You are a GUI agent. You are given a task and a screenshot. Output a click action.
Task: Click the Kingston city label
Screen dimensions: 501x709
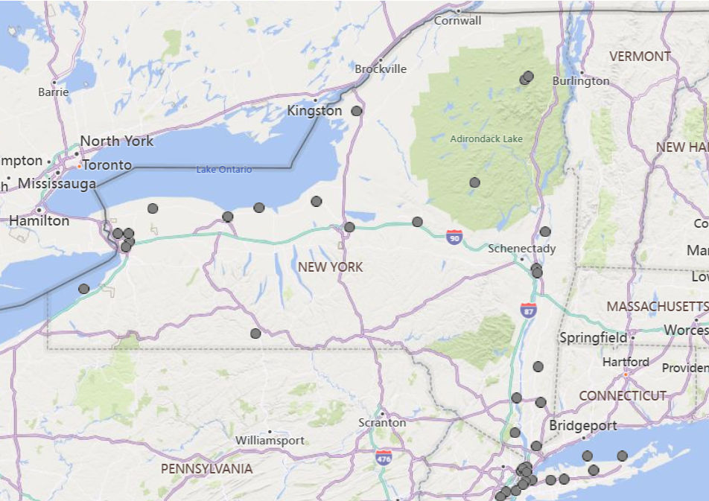(x=314, y=111)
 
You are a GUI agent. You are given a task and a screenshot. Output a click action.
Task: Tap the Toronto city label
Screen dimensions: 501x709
(x=106, y=165)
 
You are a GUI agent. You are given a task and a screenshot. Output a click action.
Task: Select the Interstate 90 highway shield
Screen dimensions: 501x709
(x=454, y=237)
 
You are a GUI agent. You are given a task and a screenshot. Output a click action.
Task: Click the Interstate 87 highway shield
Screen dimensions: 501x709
(x=529, y=310)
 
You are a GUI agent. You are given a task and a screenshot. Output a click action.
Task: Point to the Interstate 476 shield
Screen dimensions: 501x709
(x=384, y=457)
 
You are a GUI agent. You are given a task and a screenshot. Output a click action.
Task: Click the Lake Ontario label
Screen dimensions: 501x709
(x=224, y=170)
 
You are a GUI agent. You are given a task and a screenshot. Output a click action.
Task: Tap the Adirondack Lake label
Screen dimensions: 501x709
(x=486, y=138)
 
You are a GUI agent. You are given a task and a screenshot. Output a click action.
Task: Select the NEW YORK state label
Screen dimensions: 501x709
(x=330, y=267)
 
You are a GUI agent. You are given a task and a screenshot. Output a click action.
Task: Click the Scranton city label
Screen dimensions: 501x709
(x=382, y=422)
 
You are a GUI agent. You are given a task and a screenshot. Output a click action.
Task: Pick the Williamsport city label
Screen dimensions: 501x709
(x=270, y=440)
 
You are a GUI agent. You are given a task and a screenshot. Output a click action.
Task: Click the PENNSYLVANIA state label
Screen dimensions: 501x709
(x=206, y=469)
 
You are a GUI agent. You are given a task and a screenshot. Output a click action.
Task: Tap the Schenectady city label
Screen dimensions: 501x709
(x=521, y=249)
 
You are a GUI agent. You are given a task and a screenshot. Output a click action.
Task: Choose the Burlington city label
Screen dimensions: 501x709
(x=581, y=81)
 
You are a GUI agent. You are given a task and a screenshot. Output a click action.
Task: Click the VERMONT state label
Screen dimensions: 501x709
(x=640, y=57)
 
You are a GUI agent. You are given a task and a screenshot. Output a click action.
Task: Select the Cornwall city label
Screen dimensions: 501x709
(x=458, y=21)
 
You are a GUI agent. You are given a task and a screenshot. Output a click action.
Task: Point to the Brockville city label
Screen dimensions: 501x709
(x=381, y=69)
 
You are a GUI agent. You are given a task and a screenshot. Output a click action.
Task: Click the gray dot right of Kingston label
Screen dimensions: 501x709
(x=357, y=111)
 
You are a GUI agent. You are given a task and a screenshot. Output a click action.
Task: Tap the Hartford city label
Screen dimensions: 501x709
(x=626, y=363)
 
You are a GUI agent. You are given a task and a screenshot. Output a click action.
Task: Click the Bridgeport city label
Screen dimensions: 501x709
(x=583, y=426)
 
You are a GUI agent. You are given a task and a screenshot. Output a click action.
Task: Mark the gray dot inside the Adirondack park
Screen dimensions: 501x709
(x=474, y=182)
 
